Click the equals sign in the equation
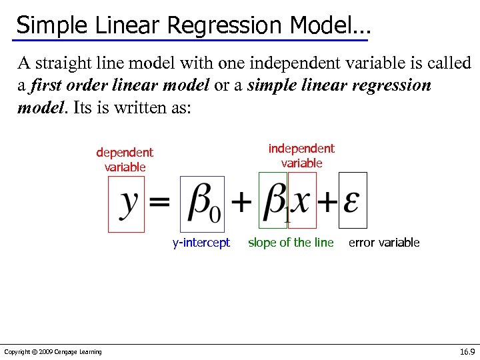coord(159,201)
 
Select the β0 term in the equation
coord(203,202)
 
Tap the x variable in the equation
coord(302,199)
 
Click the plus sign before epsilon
coord(328,201)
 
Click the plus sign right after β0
coord(241,201)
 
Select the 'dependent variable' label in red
coord(125,160)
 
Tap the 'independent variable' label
coord(301,155)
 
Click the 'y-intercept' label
coord(201,243)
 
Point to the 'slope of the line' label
coord(291,243)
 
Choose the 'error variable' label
coord(384,243)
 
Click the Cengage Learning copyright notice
coord(53,352)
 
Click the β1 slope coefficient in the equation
coord(275,201)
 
